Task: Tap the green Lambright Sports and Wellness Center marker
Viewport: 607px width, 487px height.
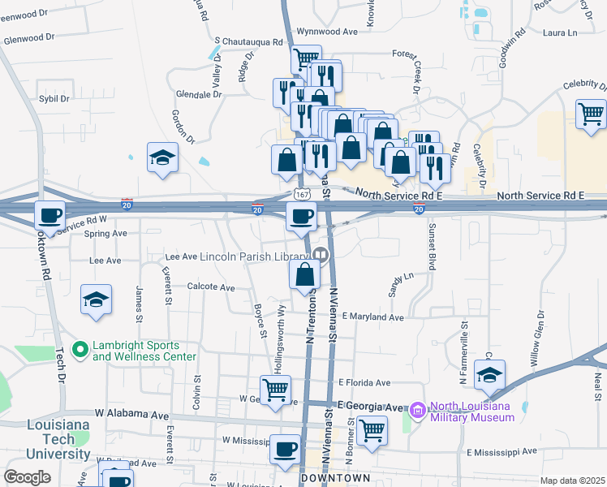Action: (80, 350)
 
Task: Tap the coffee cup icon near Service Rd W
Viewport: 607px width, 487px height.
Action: (50, 216)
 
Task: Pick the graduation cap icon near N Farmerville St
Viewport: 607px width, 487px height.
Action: (489, 375)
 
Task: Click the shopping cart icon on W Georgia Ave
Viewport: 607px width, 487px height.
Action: (276, 390)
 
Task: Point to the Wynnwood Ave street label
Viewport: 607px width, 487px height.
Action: (327, 32)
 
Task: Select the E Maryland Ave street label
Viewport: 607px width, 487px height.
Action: (372, 317)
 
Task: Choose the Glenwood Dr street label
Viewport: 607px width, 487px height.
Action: (28, 37)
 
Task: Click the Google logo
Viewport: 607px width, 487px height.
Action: (27, 477)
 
